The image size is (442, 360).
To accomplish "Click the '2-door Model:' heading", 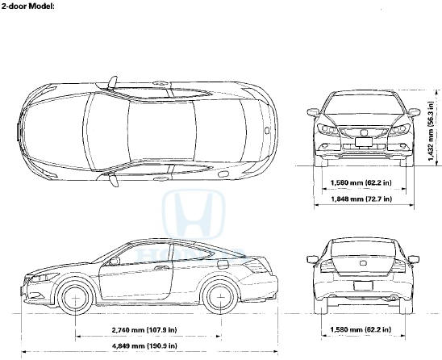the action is click(27, 6).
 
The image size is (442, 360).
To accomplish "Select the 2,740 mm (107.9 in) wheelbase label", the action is click(144, 329).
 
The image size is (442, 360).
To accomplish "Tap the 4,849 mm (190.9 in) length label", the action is click(144, 345).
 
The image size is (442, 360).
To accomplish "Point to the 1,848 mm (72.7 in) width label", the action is click(361, 199).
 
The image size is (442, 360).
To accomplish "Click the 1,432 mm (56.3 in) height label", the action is click(431, 131).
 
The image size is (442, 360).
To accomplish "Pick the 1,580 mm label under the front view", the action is click(361, 182).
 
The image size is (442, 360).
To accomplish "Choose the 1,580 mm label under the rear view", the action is click(361, 329).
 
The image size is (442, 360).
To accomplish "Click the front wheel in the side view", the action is click(76, 298).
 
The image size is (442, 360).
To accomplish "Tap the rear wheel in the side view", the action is click(220, 297).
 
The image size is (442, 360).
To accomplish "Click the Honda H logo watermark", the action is click(194, 214).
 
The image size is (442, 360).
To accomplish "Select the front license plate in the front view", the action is click(364, 142).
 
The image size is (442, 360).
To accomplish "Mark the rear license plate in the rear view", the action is click(363, 286).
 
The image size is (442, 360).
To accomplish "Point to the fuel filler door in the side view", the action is click(223, 265).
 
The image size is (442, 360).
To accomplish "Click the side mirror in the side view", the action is click(115, 261).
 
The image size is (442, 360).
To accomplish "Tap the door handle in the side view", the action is click(160, 268).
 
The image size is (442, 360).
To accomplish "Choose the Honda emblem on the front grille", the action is click(363, 132).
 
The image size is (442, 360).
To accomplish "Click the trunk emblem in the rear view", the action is click(363, 263).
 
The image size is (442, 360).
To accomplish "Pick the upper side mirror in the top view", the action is click(112, 82).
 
